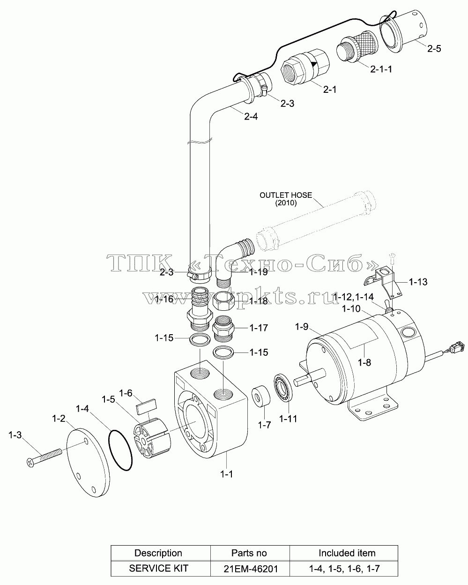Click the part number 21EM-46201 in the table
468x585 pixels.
click(251, 569)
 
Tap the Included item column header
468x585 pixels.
click(347, 553)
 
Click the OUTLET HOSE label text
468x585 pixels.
click(286, 195)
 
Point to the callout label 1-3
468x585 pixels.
click(15, 435)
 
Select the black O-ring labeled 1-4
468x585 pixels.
click(120, 450)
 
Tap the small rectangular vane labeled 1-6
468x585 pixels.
click(147, 406)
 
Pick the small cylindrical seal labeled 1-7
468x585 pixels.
click(260, 396)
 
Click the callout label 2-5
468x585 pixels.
click(434, 49)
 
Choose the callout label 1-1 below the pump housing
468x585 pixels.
click(226, 474)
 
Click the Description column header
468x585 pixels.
click(158, 553)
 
